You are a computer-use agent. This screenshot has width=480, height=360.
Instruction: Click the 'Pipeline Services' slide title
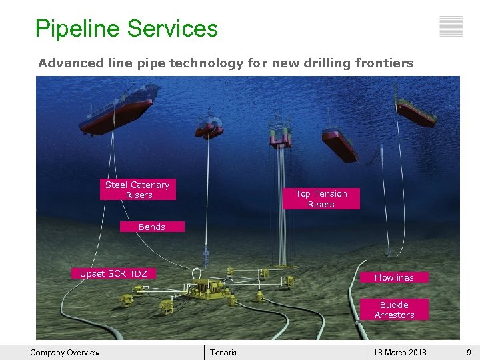click(x=127, y=29)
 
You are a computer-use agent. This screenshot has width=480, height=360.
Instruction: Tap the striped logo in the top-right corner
click(x=451, y=26)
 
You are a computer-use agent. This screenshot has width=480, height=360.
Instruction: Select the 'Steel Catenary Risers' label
click(x=138, y=190)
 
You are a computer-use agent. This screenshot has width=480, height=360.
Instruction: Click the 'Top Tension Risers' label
click(x=321, y=199)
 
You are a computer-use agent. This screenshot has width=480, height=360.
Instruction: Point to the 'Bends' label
click(x=152, y=227)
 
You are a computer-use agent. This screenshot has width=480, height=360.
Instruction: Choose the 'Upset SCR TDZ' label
click(x=113, y=273)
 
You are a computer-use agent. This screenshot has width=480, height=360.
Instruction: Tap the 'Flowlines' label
click(x=394, y=277)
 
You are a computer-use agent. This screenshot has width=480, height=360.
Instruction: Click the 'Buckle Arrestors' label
click(x=394, y=310)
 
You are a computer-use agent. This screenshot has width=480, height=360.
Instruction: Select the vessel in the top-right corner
click(x=415, y=112)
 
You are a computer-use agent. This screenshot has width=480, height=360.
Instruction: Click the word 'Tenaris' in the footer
click(x=223, y=353)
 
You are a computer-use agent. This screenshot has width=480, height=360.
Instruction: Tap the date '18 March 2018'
click(x=400, y=353)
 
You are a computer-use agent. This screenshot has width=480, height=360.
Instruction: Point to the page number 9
click(x=469, y=353)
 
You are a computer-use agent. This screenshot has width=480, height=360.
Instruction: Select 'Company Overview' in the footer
click(x=65, y=353)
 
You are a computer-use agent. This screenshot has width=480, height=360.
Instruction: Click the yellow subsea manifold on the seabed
click(x=213, y=289)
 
